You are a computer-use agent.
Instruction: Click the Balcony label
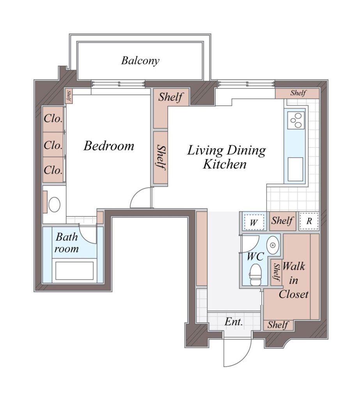140,60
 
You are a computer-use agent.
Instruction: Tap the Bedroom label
109,146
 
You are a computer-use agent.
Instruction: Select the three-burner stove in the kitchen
296,120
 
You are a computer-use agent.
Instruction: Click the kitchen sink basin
295,169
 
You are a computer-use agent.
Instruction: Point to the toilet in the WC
255,275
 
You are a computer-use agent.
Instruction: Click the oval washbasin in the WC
273,245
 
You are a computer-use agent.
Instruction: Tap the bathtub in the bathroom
74,270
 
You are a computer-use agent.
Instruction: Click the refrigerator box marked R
309,221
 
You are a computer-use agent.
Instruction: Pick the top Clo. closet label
53,118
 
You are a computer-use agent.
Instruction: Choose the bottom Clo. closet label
53,170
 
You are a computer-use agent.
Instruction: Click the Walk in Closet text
294,280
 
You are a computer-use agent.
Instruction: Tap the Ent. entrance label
233,322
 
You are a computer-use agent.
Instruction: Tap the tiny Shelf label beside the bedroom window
69,96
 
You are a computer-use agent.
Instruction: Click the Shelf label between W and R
282,221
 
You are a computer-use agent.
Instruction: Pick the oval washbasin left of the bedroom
54,204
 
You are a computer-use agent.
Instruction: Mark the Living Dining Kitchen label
226,157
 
